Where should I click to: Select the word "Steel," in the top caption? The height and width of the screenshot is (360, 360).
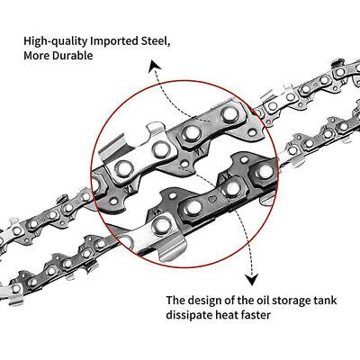(157, 40)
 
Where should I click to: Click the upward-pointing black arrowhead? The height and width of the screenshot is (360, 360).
(155, 67)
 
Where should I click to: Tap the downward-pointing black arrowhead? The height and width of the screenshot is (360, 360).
(252, 279)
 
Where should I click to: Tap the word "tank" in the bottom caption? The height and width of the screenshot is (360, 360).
(325, 300)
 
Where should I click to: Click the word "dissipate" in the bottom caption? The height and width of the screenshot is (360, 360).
(189, 316)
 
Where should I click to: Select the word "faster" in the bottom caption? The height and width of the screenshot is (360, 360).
(256, 315)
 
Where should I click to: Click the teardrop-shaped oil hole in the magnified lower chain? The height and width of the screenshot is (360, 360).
(212, 199)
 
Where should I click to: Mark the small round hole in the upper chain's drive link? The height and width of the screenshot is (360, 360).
(184, 164)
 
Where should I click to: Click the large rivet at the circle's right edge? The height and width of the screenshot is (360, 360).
(265, 172)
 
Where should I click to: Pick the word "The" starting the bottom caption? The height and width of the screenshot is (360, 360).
(177, 300)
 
